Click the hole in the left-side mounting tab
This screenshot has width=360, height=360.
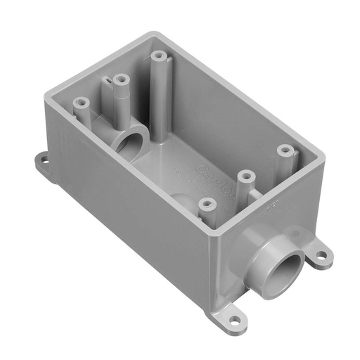pos(44,160)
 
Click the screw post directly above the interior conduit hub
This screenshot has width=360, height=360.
pos(122,79)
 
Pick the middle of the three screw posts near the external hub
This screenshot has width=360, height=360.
pos(245,173)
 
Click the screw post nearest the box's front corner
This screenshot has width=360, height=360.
pos(206,204)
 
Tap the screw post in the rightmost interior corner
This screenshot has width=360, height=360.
pos(284,150)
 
